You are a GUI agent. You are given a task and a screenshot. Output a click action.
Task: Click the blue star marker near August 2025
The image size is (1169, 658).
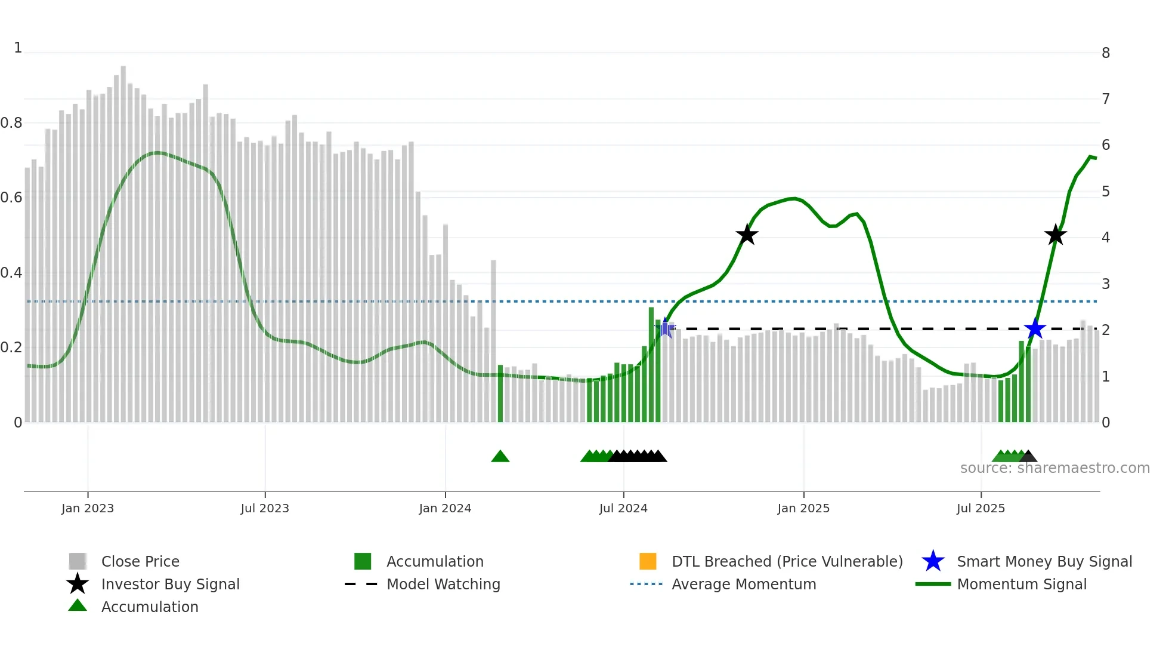click(1035, 328)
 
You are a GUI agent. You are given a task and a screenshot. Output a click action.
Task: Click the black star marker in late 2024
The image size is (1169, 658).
click(747, 235)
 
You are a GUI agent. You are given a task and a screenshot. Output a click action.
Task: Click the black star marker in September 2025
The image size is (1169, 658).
click(1055, 235)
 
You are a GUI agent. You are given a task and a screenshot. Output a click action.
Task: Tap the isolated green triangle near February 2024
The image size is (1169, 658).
click(500, 457)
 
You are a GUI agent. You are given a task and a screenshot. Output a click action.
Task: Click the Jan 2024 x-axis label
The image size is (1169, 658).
click(445, 508)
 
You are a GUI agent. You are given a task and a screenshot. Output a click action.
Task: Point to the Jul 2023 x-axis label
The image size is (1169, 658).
click(265, 508)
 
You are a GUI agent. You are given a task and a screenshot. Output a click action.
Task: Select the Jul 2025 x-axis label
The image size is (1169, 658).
click(981, 508)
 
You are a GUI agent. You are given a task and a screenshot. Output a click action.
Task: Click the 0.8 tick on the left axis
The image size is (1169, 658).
click(11, 123)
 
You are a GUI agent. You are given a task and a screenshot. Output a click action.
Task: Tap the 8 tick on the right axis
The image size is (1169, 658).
click(1105, 53)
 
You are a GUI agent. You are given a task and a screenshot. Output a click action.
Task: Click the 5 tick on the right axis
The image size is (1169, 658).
click(1105, 192)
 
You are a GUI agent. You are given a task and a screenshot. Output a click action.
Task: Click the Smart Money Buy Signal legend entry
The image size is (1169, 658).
click(1044, 561)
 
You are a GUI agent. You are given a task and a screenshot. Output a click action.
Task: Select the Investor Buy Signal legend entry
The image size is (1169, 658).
click(170, 584)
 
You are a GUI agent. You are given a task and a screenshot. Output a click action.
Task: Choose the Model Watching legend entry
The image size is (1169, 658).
click(443, 584)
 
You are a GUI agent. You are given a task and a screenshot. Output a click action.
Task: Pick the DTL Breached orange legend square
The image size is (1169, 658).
click(648, 561)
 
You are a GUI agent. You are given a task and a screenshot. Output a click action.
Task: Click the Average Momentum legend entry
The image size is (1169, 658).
click(743, 584)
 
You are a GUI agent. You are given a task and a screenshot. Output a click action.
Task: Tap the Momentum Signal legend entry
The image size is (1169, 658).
click(1021, 584)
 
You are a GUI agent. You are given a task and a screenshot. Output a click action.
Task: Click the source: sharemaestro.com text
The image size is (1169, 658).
click(1054, 468)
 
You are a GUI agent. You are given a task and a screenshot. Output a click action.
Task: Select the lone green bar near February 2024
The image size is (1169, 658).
click(500, 394)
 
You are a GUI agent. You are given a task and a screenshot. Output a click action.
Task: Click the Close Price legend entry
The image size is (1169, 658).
click(140, 561)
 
